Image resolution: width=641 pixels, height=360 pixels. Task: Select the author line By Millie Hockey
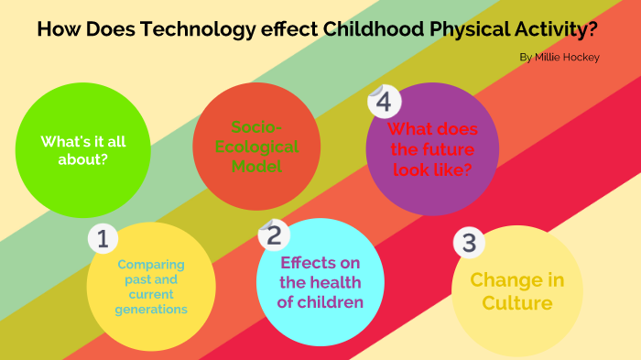tap(560, 57)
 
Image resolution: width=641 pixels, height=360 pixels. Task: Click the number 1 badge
tap(103, 240)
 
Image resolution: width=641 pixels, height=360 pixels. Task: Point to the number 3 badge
tap(469, 244)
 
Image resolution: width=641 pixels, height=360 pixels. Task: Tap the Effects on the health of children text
tap(321, 282)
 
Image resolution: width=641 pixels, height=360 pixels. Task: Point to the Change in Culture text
tap(517, 291)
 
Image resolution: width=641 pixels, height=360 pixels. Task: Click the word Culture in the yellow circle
tap(517, 303)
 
